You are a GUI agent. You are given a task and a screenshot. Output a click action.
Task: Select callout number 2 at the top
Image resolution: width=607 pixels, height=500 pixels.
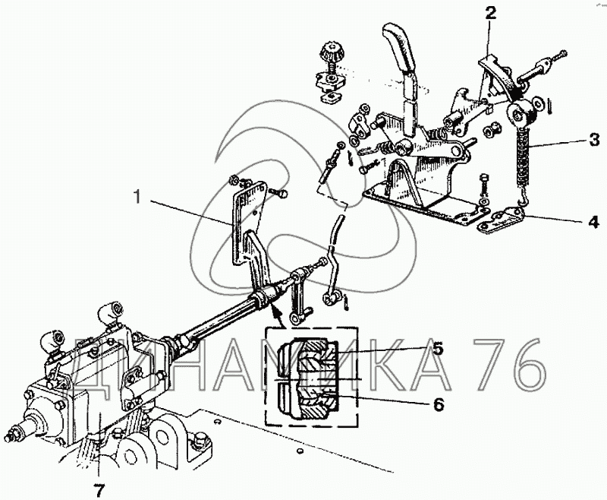point(490,14)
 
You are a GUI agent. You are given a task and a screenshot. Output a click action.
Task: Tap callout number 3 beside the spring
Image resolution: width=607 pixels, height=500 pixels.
point(594,140)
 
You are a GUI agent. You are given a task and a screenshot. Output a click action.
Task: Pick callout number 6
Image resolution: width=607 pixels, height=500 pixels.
point(438,405)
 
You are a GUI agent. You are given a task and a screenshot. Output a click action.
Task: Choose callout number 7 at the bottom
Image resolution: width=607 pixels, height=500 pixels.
point(99,490)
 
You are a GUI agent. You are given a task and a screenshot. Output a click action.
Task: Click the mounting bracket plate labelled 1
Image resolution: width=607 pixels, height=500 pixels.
point(248,221)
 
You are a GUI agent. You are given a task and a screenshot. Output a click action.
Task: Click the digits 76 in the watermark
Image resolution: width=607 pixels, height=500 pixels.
point(510,364)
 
